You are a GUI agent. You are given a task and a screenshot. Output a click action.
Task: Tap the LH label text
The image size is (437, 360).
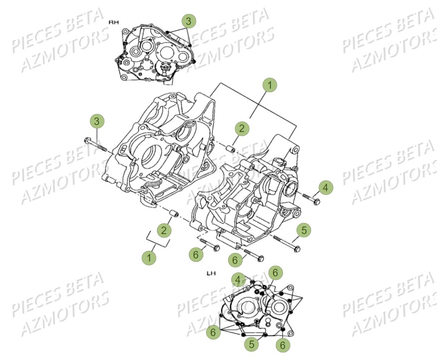tap(211, 273)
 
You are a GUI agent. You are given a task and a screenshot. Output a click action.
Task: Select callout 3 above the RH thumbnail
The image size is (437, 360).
tap(188, 21)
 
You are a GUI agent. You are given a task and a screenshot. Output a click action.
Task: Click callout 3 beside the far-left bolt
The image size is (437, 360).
tap(98, 121)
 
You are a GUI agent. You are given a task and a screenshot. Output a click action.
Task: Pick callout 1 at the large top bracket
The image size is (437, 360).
tap(269, 86)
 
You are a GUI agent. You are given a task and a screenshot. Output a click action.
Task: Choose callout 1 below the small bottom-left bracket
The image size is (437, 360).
tap(148, 257)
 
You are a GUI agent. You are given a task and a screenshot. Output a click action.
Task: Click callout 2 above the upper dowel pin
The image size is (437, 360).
tap(242, 129)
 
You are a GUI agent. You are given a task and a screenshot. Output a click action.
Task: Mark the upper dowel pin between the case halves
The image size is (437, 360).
tap(231, 149)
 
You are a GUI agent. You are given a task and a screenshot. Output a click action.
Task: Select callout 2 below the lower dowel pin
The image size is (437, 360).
tap(163, 230)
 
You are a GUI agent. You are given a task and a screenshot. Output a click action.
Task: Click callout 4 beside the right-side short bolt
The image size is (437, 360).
tap(325, 188)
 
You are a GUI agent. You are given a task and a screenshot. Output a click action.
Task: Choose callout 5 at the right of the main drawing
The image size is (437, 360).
tap(304, 230)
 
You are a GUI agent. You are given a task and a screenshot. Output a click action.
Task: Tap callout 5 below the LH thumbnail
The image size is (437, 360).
tap(252, 344)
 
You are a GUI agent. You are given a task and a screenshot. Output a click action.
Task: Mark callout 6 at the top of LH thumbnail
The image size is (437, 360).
tap(275, 272)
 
